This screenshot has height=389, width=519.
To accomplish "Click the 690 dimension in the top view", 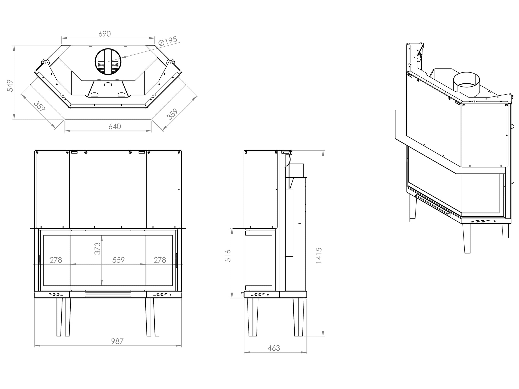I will pyautogui.click(x=105, y=34).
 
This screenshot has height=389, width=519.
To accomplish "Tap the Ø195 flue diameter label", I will pyautogui.click(x=167, y=41).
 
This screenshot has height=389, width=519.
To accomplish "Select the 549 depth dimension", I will pyautogui.click(x=10, y=86).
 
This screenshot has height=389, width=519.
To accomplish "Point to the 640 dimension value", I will pyautogui.click(x=115, y=127).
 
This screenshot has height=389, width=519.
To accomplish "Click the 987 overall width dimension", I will pyautogui.click(x=117, y=341).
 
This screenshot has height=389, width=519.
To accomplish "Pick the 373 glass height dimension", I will pyautogui.click(x=98, y=248).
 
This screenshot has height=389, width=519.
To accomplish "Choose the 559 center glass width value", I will pyautogui.click(x=118, y=260).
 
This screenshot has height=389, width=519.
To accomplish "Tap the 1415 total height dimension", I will pyautogui.click(x=319, y=256).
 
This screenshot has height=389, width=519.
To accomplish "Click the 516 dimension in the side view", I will pyautogui.click(x=228, y=256).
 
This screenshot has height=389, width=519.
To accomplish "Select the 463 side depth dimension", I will pyautogui.click(x=274, y=348).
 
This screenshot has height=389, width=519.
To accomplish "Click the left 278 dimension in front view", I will pyautogui.click(x=56, y=260).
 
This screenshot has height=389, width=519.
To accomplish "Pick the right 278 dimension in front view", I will pyautogui.click(x=160, y=260).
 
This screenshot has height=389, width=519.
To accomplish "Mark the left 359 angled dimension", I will pyautogui.click(x=39, y=106).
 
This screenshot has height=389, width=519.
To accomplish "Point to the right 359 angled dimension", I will pyautogui.click(x=172, y=114).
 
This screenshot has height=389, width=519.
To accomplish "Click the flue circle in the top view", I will pyautogui.click(x=108, y=62).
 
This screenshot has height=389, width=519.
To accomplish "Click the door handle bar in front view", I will pyautogui.click(x=108, y=294).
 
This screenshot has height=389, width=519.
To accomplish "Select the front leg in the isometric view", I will pyautogui.click(x=467, y=238).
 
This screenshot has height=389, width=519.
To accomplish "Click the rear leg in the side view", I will pyautogui.click(x=299, y=317).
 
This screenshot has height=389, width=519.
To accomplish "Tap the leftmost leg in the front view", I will pyautogui.click(x=59, y=317).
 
